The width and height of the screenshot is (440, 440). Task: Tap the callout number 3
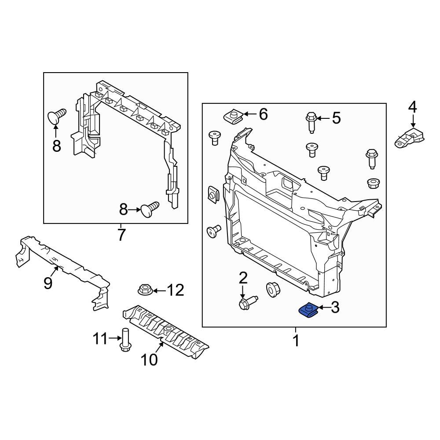[x=335, y=308]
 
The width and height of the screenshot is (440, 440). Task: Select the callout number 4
[x=412, y=106]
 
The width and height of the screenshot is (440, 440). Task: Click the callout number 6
[x=263, y=114]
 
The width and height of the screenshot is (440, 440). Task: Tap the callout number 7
[x=121, y=235]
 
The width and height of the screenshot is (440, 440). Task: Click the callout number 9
[x=48, y=283]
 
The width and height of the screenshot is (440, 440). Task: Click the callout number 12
[x=175, y=290]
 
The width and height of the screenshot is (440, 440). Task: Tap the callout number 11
[x=100, y=339]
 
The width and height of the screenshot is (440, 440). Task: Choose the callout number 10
[x=150, y=360]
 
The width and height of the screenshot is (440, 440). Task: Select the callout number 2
[x=243, y=278]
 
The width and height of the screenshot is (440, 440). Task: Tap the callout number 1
[x=296, y=340]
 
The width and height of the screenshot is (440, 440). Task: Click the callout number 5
[x=336, y=118]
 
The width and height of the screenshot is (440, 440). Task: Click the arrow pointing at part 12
[x=160, y=290]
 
